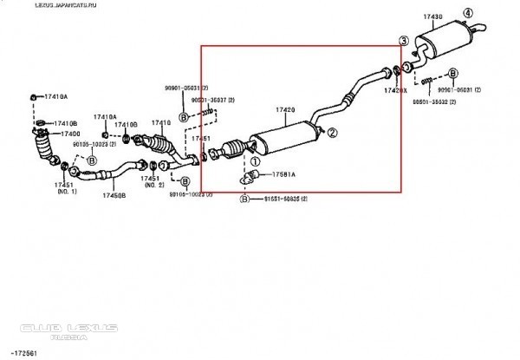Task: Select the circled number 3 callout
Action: (x=403, y=41)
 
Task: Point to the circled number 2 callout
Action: (x=331, y=133)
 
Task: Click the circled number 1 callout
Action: (x=255, y=160)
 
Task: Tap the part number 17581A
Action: (x=283, y=174)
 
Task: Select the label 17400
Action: (x=68, y=134)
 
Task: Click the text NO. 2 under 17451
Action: (x=154, y=186)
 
